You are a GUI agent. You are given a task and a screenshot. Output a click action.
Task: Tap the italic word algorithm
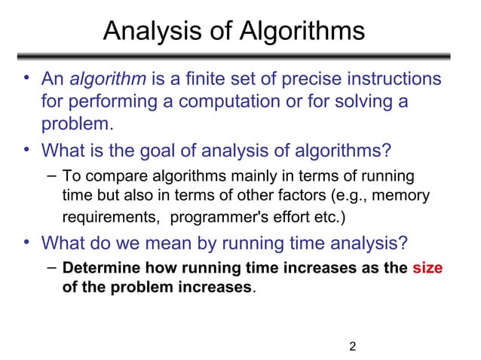[104, 79]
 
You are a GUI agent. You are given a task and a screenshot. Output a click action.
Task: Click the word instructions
[397, 79]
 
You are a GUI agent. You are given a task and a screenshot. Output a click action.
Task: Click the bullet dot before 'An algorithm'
[26, 78]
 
